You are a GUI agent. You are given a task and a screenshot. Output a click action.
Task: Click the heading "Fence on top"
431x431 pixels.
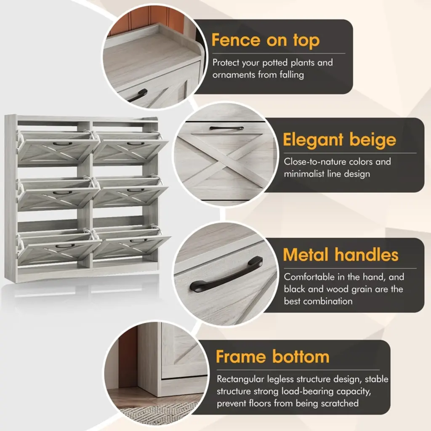pos(266,40)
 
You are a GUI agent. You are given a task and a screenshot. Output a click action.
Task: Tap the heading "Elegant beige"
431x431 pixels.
pos(340,140)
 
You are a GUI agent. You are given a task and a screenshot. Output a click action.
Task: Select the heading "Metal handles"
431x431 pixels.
pos(341,255)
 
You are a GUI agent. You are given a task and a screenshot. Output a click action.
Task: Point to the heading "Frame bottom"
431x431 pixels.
pos(272,357)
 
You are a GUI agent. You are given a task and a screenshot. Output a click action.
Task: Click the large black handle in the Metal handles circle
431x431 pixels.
pos(226,275)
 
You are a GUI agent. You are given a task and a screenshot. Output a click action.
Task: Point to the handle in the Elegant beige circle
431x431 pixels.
pos(226,128)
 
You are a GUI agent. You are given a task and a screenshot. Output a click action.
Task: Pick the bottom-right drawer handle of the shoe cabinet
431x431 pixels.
pos(138,241)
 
